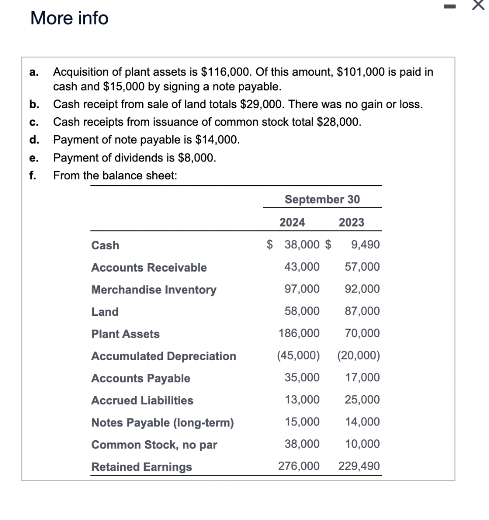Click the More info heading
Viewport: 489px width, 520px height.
coord(70,18)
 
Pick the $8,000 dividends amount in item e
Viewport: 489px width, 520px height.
coord(199,158)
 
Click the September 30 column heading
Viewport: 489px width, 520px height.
coord(322,200)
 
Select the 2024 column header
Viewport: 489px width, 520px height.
coord(292,222)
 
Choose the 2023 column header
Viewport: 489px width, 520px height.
coord(351,222)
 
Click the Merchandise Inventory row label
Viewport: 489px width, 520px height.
coord(153,290)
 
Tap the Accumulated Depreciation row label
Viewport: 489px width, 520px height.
coord(164,356)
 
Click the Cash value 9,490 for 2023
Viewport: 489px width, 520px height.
coord(365,245)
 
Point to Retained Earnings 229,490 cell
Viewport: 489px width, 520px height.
coord(358,466)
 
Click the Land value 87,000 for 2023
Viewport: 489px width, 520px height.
coord(362,311)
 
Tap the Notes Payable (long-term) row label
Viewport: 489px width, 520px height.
coord(162,423)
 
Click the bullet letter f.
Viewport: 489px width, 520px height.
coord(32,176)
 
